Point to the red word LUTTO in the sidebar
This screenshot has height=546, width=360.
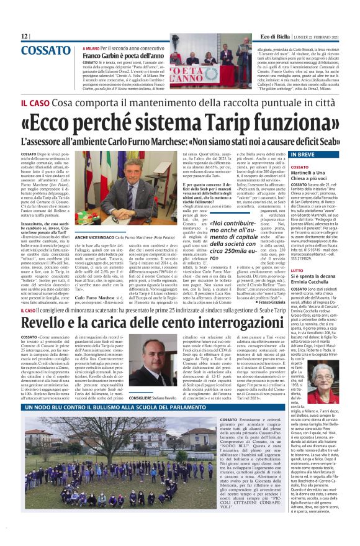click(297, 271)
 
